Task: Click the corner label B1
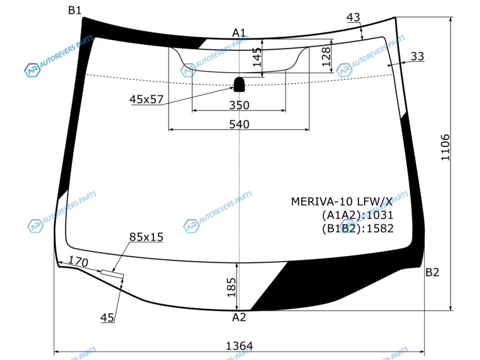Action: click(x=74, y=10)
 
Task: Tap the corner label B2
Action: click(x=432, y=272)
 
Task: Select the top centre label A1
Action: click(x=239, y=32)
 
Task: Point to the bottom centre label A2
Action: click(x=239, y=317)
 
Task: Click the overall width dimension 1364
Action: click(x=239, y=346)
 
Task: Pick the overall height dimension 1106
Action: click(x=445, y=147)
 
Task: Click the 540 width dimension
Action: click(x=239, y=124)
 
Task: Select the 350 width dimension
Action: click(x=239, y=105)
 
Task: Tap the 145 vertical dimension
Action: click(x=257, y=57)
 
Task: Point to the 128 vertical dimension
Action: click(x=326, y=56)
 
